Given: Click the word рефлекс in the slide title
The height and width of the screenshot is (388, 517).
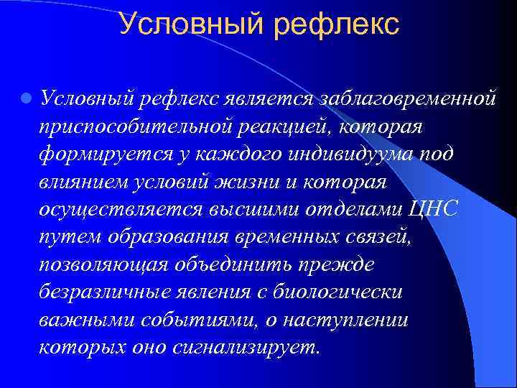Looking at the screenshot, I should (x=335, y=24).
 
